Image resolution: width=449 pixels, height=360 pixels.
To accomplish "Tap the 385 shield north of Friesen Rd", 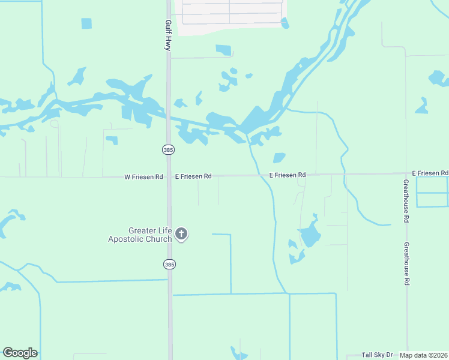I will (167, 149).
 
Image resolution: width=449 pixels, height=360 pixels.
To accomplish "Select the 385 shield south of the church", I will (169, 264).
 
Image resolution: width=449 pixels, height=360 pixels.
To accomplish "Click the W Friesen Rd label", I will (143, 177).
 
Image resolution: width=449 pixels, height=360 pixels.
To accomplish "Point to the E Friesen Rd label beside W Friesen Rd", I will (193, 176).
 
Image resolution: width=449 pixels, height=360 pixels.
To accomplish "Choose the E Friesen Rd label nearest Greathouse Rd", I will (430, 173).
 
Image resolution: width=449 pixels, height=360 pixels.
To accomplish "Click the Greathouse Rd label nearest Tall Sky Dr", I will (406, 263).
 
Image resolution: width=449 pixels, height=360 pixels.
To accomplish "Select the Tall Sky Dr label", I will (377, 355).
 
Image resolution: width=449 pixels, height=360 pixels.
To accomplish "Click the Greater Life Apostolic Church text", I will (140, 235).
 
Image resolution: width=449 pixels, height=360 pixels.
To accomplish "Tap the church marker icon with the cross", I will (181, 234).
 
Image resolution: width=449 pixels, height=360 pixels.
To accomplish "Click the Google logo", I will (20, 353).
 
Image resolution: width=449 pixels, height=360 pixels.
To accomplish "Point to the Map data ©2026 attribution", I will (424, 355).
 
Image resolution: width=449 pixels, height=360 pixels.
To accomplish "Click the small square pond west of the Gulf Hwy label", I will (86, 23).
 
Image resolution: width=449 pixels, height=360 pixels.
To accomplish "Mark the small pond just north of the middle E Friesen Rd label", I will (279, 158).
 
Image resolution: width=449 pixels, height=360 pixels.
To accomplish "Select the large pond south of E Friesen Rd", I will (309, 235).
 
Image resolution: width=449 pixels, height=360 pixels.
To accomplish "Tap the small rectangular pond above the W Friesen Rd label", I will (112, 140).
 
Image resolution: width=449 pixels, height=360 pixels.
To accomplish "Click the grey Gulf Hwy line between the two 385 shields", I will (169, 204).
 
